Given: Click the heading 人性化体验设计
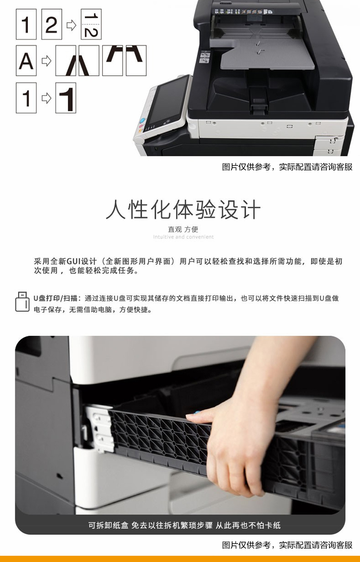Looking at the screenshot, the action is click(183, 210).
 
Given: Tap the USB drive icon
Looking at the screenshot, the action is click(22, 302).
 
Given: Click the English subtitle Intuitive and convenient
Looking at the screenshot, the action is click(183, 237).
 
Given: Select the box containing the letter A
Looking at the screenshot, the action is click(26, 60).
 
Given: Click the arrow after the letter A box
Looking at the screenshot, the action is click(46, 60).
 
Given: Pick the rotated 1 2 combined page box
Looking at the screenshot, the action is click(91, 24).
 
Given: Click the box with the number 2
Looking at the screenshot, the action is click(52, 24).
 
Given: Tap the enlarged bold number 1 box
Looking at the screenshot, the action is click(66, 98).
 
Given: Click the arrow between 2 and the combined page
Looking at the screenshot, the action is click(72, 25).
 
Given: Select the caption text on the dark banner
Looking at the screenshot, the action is click(184, 526).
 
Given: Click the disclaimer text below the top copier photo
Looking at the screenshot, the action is click(287, 167).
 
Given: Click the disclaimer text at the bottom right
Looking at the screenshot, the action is click(287, 545).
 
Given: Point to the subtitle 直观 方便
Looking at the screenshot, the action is click(183, 229).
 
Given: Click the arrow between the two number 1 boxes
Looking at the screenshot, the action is click(46, 98).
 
